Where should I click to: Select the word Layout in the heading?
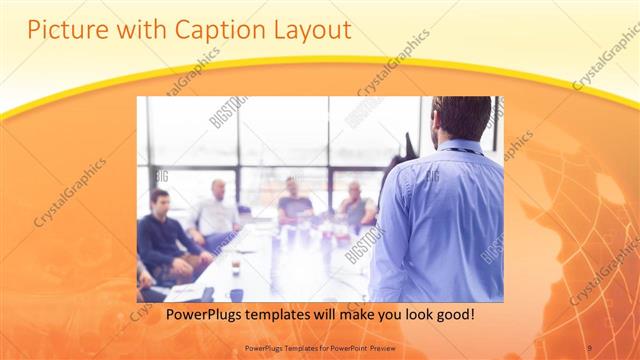[x=309, y=30]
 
